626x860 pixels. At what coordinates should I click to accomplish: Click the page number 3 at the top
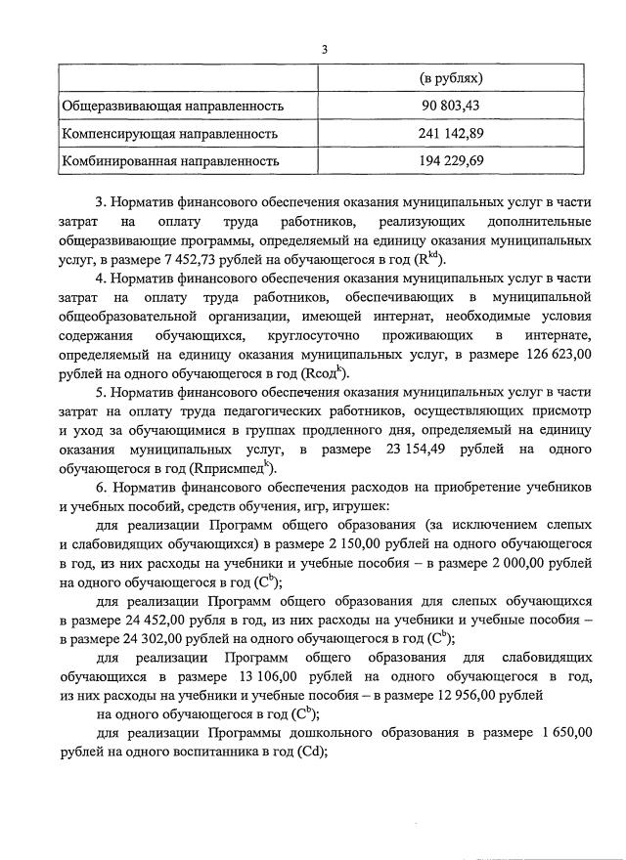324,50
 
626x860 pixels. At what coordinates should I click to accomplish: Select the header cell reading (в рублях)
451,77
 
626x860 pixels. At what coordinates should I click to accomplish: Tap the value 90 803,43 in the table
451,105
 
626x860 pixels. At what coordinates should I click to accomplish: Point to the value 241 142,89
451,132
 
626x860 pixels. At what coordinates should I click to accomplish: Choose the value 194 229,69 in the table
451,159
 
